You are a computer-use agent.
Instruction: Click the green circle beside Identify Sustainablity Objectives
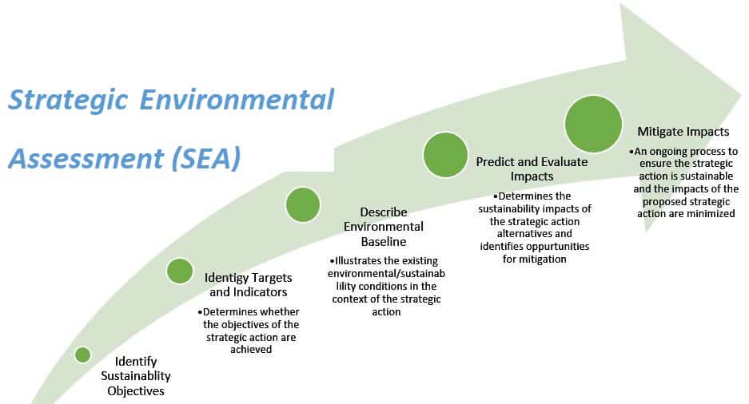(82, 354)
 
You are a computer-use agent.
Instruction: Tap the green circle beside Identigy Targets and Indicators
(180, 271)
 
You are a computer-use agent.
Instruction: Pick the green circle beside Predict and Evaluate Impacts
(445, 154)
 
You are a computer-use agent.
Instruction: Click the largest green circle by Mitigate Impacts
(593, 124)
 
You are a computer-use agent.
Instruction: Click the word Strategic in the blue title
(69, 101)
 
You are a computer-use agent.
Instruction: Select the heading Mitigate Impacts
(682, 132)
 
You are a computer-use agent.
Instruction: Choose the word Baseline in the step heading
(383, 241)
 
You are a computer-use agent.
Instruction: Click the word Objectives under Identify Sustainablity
(136, 390)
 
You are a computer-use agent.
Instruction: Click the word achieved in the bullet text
(250, 349)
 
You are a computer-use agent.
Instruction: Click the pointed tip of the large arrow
(743, 93)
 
